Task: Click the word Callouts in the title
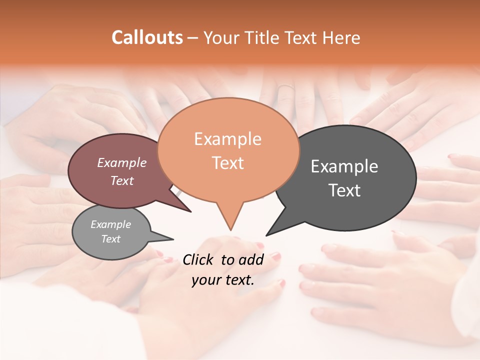point(147,37)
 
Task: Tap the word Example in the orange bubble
point(227,139)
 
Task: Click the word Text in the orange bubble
point(227,163)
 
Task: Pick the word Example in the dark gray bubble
point(344,166)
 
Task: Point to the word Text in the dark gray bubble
point(344,190)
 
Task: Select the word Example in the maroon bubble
point(122,162)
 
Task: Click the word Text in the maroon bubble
point(122,180)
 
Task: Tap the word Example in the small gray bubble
point(111,224)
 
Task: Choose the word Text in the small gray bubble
point(111,239)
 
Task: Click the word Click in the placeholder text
point(199,259)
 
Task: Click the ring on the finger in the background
point(285,88)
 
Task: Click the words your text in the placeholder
point(223,280)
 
